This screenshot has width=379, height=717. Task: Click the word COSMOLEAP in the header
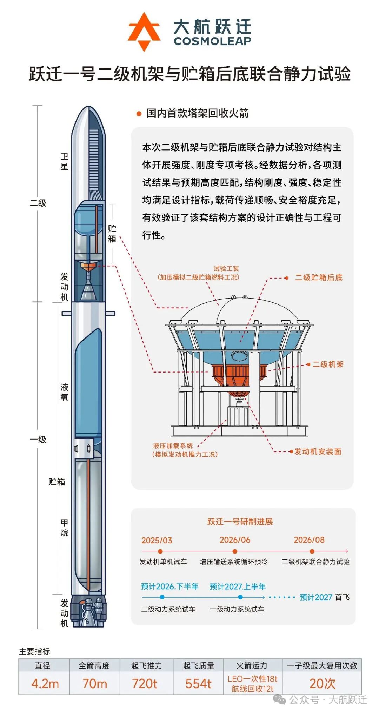213,41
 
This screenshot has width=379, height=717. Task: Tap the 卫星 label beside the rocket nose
64,161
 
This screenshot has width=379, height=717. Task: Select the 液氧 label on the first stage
64,392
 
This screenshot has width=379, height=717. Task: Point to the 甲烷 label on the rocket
64,528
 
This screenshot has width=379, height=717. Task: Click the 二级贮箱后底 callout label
319,277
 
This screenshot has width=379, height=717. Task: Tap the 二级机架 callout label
328,364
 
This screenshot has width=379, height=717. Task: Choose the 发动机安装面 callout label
318,451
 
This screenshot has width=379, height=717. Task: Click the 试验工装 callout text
226,269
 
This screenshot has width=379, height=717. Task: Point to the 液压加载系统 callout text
173,446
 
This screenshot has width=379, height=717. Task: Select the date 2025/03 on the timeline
157,540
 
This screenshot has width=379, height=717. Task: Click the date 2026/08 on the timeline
309,540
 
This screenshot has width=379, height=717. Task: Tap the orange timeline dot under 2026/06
235,551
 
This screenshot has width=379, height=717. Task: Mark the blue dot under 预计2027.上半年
240,597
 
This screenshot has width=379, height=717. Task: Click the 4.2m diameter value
45,683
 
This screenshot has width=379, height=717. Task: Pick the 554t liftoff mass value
198,683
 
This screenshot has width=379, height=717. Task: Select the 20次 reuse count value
322,683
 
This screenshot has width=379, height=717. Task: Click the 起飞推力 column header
146,665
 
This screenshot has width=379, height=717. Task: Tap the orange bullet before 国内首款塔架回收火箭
139,114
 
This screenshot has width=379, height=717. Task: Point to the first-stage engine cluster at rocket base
88,611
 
